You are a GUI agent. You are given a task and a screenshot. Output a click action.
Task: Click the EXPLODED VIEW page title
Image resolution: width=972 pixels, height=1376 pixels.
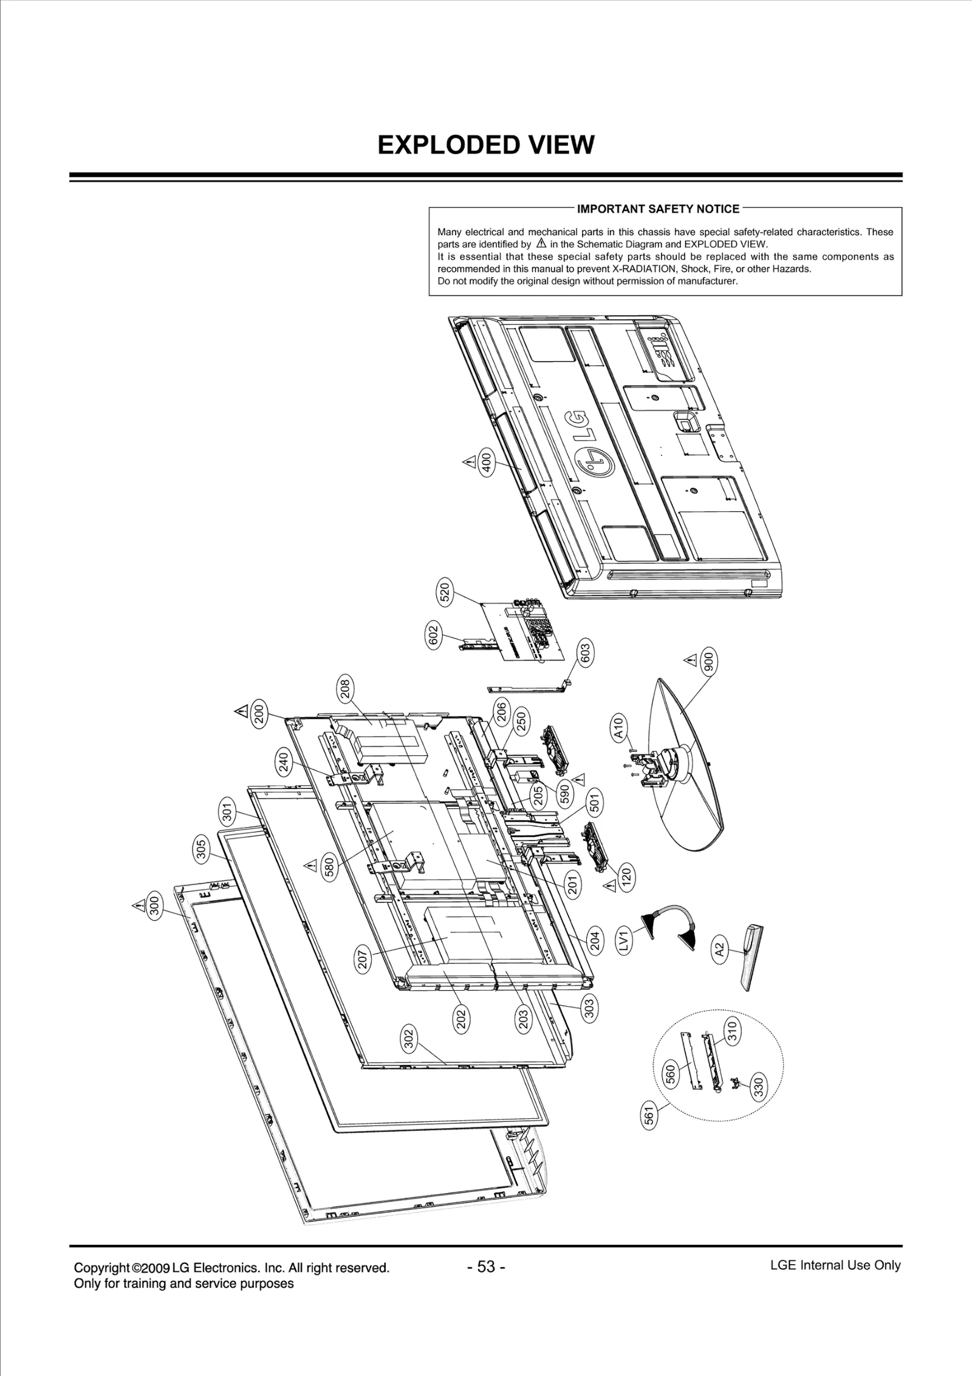(485, 145)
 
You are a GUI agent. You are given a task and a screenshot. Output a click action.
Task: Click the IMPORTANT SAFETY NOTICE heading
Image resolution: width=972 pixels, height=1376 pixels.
(658, 209)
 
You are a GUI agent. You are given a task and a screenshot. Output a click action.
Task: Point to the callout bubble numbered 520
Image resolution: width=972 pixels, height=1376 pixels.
(445, 592)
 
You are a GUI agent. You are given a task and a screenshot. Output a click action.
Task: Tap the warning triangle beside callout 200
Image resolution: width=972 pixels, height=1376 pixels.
(240, 710)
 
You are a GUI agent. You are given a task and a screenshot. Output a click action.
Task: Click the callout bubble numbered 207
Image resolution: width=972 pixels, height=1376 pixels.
(363, 959)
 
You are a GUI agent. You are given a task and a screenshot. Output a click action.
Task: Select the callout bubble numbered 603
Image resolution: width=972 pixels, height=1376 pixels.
(586, 656)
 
